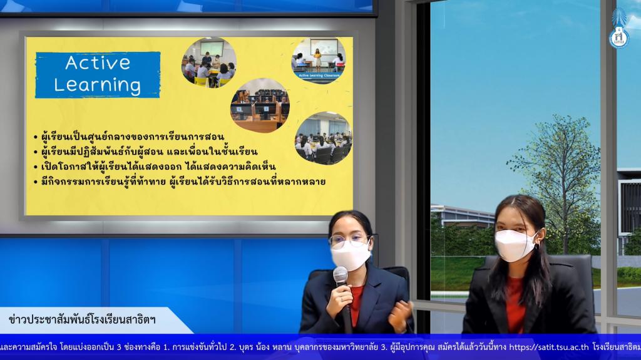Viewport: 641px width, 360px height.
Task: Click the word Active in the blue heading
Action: click(x=98, y=63)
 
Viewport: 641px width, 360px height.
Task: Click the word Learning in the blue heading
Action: click(x=98, y=85)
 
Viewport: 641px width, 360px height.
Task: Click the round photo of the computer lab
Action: click(x=260, y=105)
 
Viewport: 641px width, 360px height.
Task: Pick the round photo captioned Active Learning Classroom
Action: click(x=319, y=60)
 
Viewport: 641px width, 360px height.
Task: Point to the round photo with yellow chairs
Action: click(x=209, y=62)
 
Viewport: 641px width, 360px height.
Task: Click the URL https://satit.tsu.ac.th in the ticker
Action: click(x=548, y=347)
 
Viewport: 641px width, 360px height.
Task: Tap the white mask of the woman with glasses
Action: click(x=351, y=255)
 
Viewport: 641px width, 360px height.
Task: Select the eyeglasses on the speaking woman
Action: click(x=349, y=242)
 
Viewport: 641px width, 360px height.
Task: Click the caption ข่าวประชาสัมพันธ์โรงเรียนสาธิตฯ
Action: click(x=82, y=319)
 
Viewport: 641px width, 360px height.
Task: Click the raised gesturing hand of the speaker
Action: click(x=400, y=316)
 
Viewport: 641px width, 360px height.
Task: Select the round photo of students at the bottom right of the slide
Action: click(x=323, y=138)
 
